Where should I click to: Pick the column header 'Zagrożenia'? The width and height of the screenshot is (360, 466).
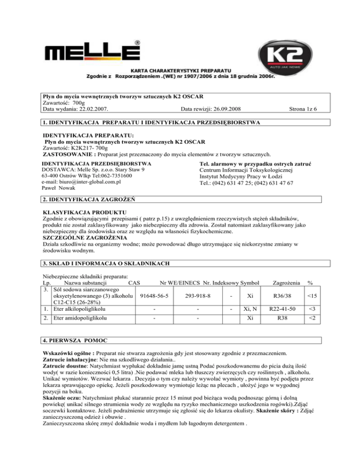coord(279,283)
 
